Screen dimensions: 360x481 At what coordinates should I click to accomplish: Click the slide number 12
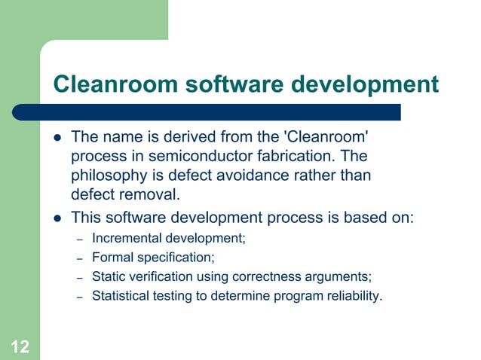[x=20, y=346]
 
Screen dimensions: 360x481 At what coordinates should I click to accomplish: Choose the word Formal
[x=110, y=258]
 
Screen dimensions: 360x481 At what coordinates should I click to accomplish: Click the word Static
[x=108, y=277]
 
